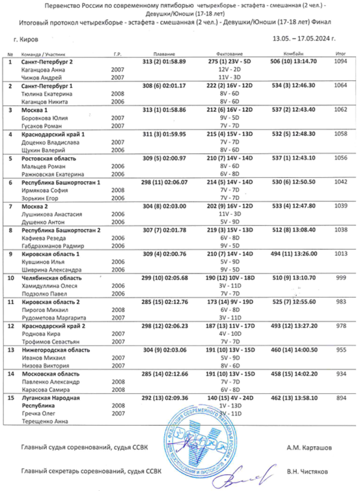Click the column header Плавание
click(164, 54)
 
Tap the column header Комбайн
click(293, 54)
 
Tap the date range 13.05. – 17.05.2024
click(303, 38)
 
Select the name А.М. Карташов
click(307, 447)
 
